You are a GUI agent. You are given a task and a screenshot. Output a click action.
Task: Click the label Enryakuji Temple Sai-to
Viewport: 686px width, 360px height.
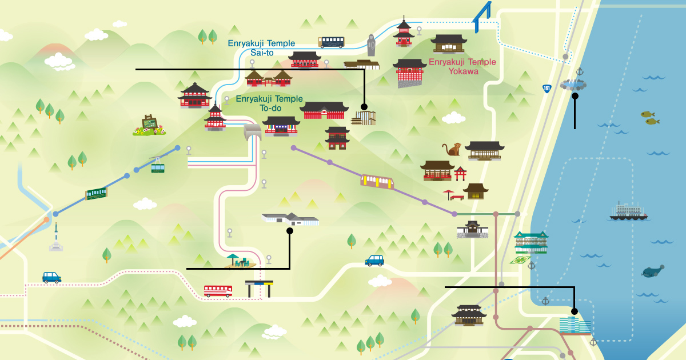tap(262, 48)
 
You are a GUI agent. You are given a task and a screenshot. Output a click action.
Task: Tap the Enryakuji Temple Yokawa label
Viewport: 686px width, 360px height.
tap(462, 66)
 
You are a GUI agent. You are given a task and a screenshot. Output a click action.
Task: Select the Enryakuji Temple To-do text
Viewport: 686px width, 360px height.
tap(269, 103)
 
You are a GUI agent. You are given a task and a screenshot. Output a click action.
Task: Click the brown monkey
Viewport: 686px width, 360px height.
tap(452, 149)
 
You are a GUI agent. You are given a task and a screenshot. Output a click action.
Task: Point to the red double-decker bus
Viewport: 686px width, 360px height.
tap(218, 291)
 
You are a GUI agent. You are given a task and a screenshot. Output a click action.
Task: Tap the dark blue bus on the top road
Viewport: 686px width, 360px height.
tap(331, 42)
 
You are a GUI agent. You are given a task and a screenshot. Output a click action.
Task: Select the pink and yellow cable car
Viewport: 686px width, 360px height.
tap(377, 181)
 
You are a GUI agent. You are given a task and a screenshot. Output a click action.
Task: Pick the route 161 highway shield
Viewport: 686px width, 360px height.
tap(547, 89)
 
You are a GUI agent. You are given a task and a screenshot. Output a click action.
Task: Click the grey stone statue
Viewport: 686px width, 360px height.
tap(371, 45)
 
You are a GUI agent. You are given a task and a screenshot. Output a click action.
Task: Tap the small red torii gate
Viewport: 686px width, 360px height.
tap(460, 174)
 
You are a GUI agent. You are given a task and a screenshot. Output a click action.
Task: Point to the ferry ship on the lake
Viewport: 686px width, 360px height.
tap(628, 211)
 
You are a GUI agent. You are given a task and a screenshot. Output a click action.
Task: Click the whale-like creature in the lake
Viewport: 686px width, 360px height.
tap(653, 271)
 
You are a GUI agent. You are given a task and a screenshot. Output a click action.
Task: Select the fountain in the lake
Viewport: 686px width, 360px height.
tap(573, 85)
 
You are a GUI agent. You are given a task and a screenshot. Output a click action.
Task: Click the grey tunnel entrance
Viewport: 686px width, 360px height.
tap(253, 132)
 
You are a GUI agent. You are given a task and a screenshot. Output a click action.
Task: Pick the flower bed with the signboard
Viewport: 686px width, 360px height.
tap(149, 126)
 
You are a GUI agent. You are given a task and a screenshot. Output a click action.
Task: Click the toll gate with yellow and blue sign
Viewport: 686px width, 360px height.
tap(259, 289)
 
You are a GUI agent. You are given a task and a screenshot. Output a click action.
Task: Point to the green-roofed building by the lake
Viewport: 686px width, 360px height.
tap(531, 242)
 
